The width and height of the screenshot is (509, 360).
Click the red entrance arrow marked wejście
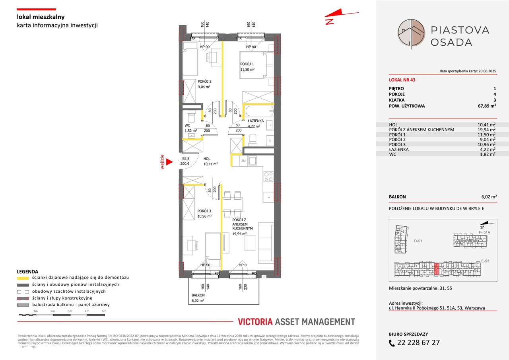click(169, 162)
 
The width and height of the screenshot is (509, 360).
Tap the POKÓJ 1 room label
click(247, 64)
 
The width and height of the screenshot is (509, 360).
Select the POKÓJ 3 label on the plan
click(204, 211)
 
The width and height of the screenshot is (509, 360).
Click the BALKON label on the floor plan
click(198, 296)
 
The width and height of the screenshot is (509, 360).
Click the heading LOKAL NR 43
click(402, 80)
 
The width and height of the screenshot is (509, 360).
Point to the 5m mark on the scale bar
click(104, 311)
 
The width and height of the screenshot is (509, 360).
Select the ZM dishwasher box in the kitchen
click(243, 161)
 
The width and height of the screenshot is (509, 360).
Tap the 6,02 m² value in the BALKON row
click(487, 197)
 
